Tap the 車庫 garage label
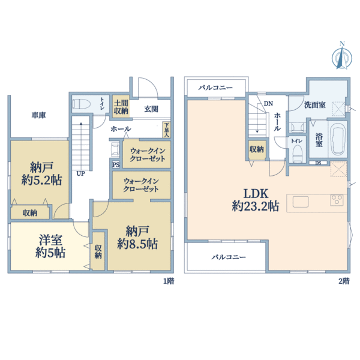point(38,115)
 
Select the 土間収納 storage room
point(121,107)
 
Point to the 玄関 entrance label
point(151,109)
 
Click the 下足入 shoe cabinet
point(166,130)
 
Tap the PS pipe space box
point(116,164)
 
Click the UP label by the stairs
point(80,173)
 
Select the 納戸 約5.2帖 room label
point(41,173)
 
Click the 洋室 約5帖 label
point(50,247)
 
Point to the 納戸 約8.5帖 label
point(137,238)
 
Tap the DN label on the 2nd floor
point(268,104)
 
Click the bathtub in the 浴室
point(337,139)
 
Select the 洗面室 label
point(315,105)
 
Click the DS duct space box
point(318,163)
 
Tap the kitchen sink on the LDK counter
point(301,202)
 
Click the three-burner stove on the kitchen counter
point(337,200)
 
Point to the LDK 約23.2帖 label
point(256,200)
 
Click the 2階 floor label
point(344,281)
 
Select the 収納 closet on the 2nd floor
point(257,149)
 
